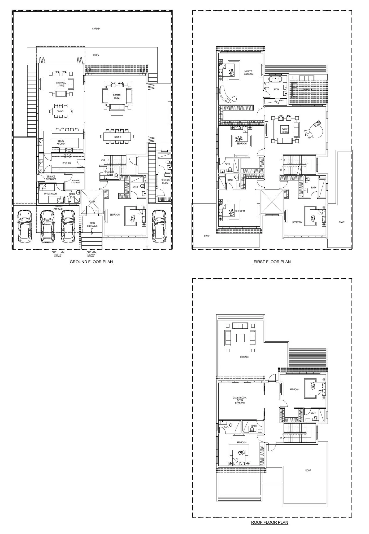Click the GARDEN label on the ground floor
(x=96, y=29)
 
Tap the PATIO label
(x=96, y=55)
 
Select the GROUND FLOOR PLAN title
(x=91, y=262)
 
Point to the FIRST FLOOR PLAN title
(x=272, y=262)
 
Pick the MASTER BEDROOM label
(x=249, y=73)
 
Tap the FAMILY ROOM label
(x=285, y=131)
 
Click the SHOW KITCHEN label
(x=61, y=142)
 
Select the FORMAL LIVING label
(x=117, y=96)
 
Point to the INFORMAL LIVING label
(x=61, y=84)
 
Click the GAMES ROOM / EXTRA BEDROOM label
(x=240, y=400)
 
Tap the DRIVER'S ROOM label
(x=165, y=182)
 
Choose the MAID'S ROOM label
(x=50, y=194)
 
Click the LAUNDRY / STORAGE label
(x=75, y=182)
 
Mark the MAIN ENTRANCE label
(x=92, y=224)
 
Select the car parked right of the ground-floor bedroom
(x=159, y=226)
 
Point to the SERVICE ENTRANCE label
(x=51, y=178)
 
